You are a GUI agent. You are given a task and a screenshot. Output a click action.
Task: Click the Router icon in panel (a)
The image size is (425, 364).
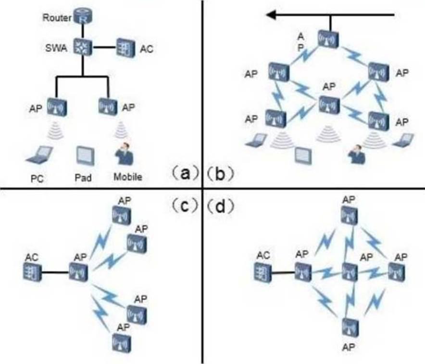[x=83, y=16]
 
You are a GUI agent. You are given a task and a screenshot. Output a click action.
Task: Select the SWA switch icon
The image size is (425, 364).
[x=83, y=47]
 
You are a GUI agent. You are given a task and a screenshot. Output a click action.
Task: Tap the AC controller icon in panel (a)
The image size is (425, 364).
[x=126, y=48]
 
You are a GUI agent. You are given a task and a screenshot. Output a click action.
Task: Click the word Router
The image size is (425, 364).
[x=57, y=18]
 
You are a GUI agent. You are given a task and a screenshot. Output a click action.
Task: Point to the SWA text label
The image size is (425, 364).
[x=56, y=48]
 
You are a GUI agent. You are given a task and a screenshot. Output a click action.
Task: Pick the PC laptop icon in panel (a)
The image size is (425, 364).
[x=39, y=155]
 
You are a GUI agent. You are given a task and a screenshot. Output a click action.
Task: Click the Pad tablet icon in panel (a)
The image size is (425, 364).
[x=86, y=156]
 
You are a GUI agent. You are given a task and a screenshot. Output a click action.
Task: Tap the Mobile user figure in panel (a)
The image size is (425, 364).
[x=125, y=153]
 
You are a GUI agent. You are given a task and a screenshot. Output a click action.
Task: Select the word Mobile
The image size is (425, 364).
[x=128, y=177]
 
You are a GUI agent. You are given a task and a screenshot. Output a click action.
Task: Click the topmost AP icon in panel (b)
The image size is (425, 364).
[x=328, y=39]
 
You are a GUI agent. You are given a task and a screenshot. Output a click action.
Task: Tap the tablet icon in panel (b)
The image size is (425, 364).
[x=303, y=155]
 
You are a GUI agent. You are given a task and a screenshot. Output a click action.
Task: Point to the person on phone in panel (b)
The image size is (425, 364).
[x=357, y=154]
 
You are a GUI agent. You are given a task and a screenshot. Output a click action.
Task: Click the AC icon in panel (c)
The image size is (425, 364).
[x=33, y=272]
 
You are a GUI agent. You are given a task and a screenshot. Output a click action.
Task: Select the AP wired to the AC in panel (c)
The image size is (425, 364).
[x=78, y=272]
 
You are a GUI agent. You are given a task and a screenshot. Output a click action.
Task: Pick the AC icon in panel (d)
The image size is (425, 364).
[x=263, y=272]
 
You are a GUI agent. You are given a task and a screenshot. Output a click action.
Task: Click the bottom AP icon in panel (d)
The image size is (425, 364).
[x=350, y=327]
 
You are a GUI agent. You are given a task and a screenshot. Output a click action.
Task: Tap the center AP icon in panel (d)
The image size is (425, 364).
[x=350, y=272]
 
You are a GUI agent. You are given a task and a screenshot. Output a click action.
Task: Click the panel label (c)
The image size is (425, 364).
[x=184, y=206]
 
